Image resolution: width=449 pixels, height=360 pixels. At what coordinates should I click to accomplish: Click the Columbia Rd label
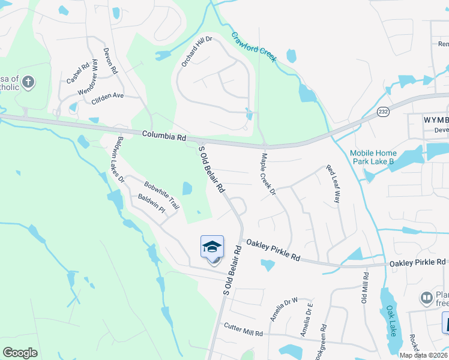point(164,137)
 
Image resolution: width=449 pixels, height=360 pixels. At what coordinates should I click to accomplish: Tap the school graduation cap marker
point(212,247)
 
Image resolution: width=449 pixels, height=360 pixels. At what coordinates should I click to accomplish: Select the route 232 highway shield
point(382,112)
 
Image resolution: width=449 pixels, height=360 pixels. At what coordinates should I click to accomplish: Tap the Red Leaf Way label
point(333,184)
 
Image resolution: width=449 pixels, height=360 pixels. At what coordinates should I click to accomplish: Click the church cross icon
point(30,82)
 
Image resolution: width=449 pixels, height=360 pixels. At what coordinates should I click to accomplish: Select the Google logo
point(20,352)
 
